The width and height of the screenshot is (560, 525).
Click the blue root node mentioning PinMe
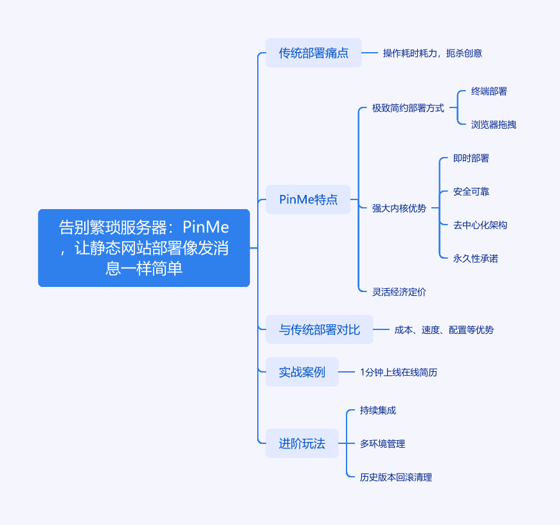coord(144,248)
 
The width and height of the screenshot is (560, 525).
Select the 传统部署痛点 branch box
coord(314,53)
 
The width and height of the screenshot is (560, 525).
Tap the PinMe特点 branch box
coord(309,199)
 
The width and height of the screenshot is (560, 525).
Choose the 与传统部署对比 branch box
coord(320,329)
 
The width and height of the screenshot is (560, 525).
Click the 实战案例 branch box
coord(302,372)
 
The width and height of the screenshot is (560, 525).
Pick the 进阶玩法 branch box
coord(302,443)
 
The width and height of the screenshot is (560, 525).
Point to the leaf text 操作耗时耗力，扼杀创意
coord(433,53)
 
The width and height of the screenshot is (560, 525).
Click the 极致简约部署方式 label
coord(408,108)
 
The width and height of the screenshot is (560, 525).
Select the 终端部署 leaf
coord(489,91)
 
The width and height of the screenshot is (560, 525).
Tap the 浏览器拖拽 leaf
coord(494,125)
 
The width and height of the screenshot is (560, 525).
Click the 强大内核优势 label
coord(399,208)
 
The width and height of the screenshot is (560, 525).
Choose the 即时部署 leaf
coord(471,158)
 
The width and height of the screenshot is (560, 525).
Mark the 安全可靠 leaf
coord(471,192)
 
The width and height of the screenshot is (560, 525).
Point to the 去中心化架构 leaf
coord(480,225)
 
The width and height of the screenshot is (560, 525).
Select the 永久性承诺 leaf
coord(476,259)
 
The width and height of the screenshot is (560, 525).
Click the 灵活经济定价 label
coord(399,292)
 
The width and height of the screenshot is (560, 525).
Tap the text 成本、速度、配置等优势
coord(444,330)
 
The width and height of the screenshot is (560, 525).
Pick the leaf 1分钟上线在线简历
coord(399,373)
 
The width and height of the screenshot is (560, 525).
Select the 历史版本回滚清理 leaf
coord(396,477)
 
